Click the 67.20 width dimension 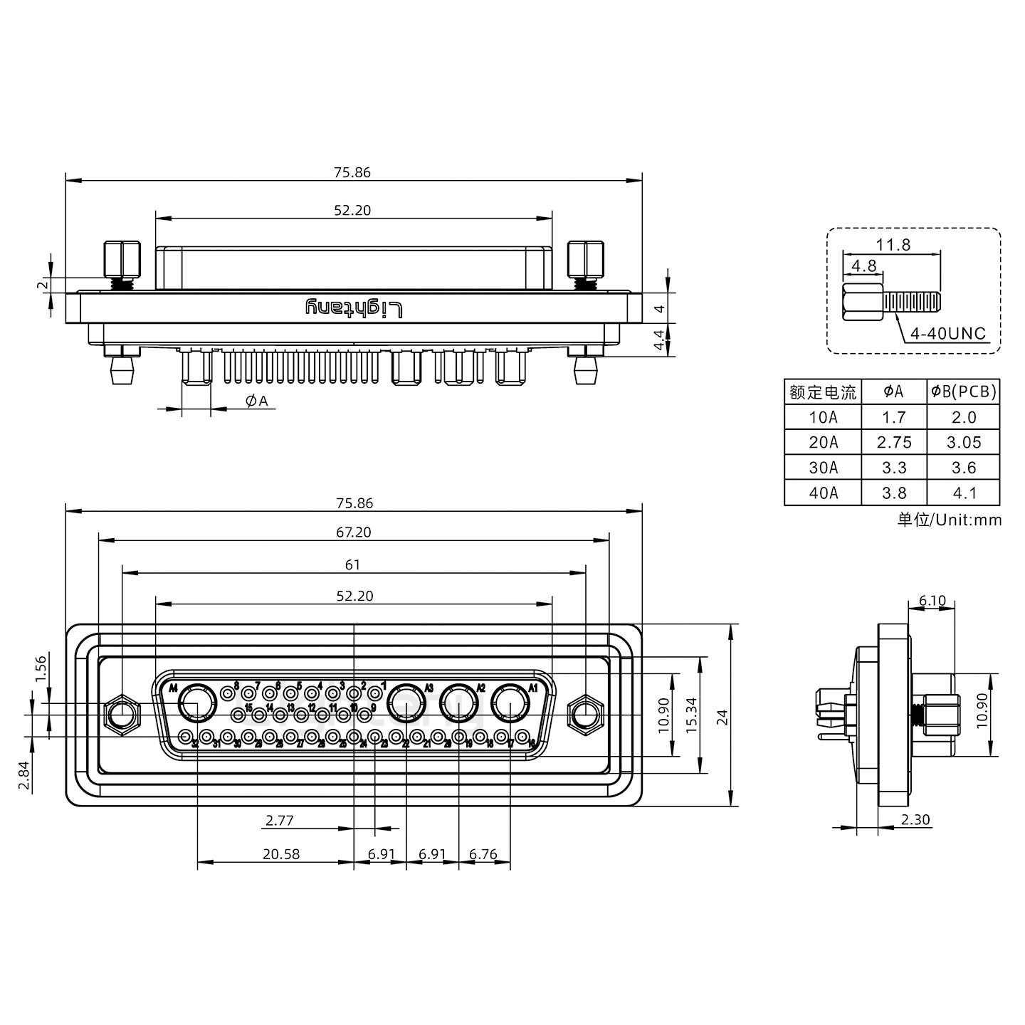pos(354,532)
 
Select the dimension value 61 pos(353,564)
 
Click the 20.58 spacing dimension pos(281,854)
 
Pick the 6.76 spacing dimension pos(484,854)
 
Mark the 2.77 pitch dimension pos(279,820)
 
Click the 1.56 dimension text pos(41,669)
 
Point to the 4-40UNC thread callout pos(948,334)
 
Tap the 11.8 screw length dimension pos(893,245)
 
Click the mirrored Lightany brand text pos(354,308)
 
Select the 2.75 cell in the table pos(894,442)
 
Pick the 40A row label pos(823,493)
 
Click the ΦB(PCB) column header pos(963,391)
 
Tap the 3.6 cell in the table pos(963,468)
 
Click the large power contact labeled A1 pos(510,704)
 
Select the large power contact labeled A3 pos(406,704)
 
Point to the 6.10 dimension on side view pos(932,600)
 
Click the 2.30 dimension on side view pos(915,819)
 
